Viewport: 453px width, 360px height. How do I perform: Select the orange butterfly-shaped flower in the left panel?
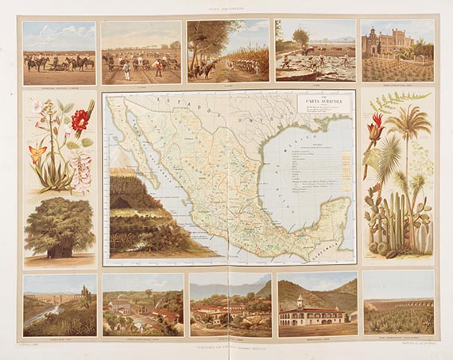click(36, 152)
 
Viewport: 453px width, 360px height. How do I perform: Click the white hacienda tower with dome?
click(300, 303)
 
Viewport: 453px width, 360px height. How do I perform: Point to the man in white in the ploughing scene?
click(125, 70)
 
